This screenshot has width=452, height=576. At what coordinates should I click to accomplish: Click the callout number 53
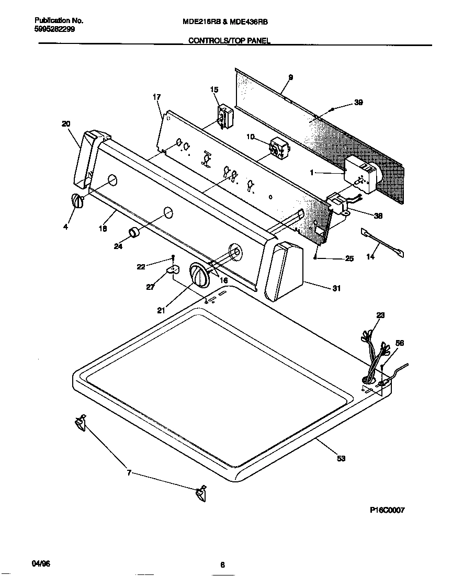pyautogui.click(x=341, y=459)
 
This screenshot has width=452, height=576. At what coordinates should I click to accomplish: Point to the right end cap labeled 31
pyautogui.click(x=285, y=272)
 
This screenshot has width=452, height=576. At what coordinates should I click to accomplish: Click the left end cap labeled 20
pyautogui.click(x=86, y=159)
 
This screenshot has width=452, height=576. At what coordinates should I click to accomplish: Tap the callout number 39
pyautogui.click(x=358, y=103)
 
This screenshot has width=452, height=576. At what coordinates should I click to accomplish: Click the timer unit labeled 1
pyautogui.click(x=361, y=174)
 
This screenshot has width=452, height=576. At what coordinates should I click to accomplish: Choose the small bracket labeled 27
pyautogui.click(x=172, y=269)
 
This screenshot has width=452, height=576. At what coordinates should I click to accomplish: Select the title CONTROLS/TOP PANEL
pyautogui.click(x=229, y=41)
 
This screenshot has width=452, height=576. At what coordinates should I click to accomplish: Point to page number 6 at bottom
pyautogui.click(x=222, y=564)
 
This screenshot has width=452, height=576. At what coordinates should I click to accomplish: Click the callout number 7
pyautogui.click(x=129, y=473)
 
